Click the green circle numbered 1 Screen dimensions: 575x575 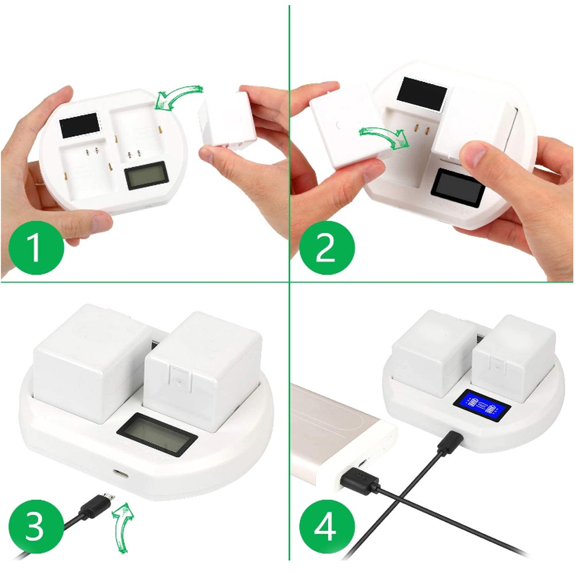pos(36,248)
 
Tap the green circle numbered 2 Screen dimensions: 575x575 pos(327,248)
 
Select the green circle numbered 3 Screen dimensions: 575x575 pos(36,527)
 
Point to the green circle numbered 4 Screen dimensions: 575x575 pos(327,527)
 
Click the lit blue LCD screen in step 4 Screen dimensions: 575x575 pos(482,406)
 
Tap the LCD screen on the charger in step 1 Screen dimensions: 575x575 pos(146,175)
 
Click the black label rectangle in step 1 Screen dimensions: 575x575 pos(80,125)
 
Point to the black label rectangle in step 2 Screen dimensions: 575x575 pos(422,93)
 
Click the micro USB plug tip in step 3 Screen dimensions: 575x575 pos(109,497)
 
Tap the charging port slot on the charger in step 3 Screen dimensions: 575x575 pos(121,473)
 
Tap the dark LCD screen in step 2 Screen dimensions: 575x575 pos(458,188)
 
